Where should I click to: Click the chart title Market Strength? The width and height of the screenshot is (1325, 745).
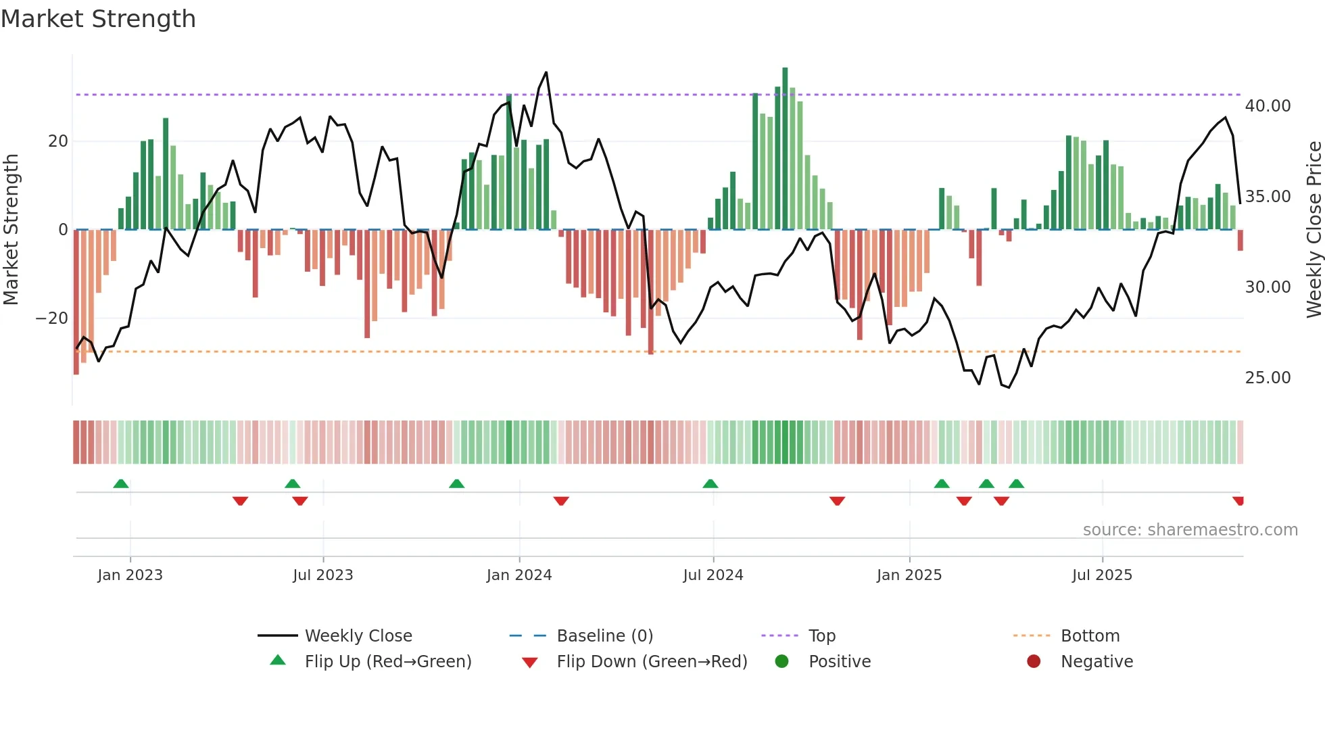coord(98,19)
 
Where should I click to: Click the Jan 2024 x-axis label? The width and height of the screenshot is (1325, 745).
coord(519,575)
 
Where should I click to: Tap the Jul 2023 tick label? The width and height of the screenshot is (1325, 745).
coord(322,575)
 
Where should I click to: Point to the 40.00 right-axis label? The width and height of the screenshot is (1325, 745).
coord(1268,106)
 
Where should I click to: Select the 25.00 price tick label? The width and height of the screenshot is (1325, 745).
coord(1268,378)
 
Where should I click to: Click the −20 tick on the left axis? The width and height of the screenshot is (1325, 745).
coord(52,318)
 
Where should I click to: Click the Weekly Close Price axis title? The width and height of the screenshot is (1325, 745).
coord(1314,230)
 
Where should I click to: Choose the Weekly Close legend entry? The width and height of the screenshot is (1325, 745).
coord(358,636)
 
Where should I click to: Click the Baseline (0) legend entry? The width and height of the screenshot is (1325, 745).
coord(604,636)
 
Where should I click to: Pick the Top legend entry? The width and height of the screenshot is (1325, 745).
coord(821,636)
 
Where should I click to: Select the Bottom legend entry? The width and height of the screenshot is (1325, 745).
coord(1090,636)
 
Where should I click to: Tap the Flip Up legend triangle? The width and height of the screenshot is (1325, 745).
coord(278,660)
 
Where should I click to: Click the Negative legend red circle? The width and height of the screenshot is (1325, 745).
coord(1033,661)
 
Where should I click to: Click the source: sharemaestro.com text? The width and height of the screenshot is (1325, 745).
coord(1190,530)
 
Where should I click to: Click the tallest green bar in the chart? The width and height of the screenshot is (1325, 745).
coord(785,149)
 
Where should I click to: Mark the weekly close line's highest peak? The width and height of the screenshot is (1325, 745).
coord(546,73)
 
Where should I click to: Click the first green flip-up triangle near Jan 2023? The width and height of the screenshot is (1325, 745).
coord(121,484)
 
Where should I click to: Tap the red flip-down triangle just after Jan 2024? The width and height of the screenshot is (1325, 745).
coord(561,501)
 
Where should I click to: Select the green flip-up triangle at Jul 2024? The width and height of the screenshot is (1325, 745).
coord(710,484)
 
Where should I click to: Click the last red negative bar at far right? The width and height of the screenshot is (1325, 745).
coord(1240,241)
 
